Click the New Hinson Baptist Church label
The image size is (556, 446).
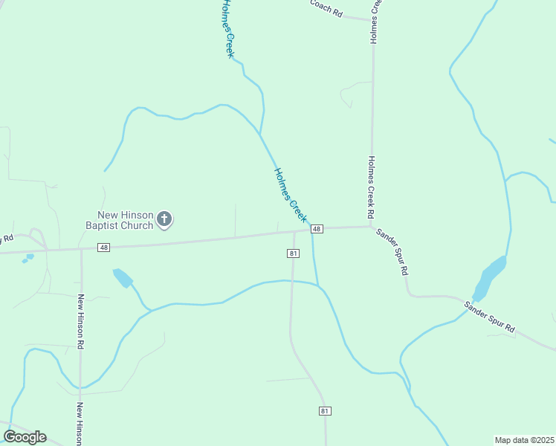pos(119,220)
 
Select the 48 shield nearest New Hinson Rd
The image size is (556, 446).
pos(103,248)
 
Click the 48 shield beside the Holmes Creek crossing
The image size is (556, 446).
pos(317,229)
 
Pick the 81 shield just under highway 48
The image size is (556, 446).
pos(293,253)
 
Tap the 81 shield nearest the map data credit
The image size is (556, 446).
pos(325,411)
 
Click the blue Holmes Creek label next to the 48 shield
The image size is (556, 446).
pos(290,195)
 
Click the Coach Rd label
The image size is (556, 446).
pos(326,7)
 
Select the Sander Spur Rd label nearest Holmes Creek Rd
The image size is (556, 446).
pos(392,251)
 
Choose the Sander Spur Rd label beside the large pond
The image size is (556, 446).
pos(489,315)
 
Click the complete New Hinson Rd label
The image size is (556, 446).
pos(81,321)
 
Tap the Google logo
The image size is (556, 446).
pos(25,437)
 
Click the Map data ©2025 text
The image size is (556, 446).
pos(524,440)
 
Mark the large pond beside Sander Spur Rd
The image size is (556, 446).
pos(489,277)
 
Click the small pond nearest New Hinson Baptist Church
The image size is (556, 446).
pos(122,278)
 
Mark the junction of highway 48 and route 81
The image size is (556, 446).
pos(295,232)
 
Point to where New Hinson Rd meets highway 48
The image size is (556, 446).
pos(81,248)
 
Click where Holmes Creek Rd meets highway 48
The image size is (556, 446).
pos(372,227)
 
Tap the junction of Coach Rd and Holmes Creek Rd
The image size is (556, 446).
pos(372,20)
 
